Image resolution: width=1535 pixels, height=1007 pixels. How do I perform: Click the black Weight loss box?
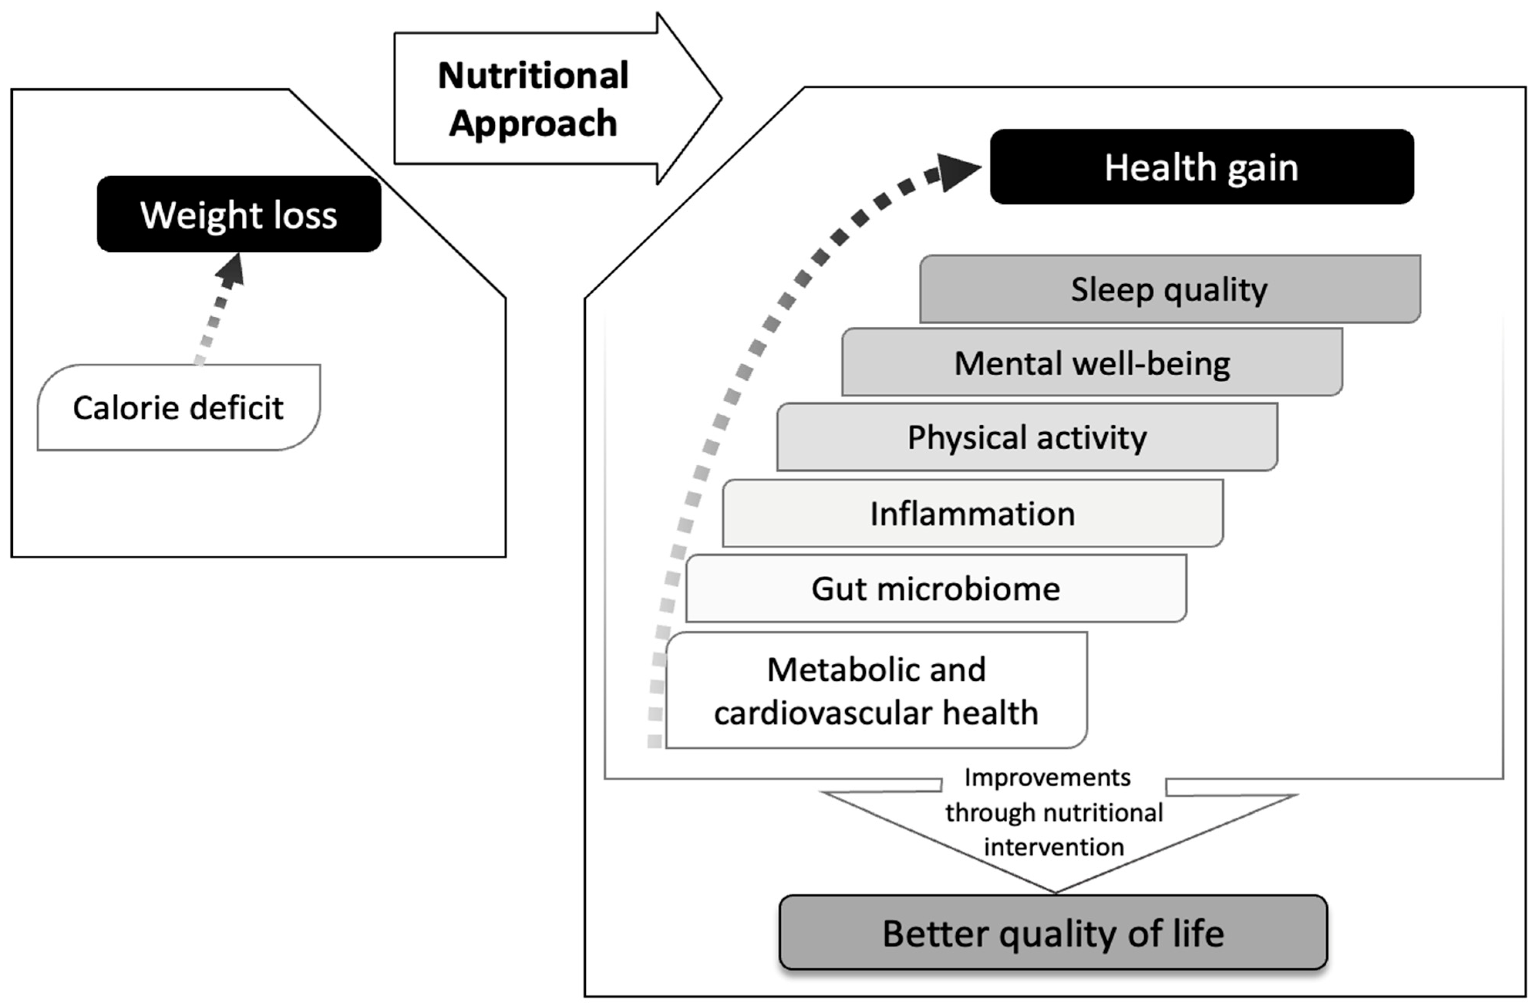(239, 214)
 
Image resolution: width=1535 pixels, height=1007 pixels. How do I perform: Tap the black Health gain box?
(1201, 167)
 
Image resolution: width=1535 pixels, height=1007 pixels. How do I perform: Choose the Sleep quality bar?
(1169, 289)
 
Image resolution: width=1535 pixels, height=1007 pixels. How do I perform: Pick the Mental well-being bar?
(1092, 363)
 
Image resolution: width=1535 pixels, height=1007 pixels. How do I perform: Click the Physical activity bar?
(1027, 437)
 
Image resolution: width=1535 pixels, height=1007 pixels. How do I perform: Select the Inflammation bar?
(972, 513)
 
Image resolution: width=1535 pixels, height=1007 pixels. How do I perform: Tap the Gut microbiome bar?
(935, 588)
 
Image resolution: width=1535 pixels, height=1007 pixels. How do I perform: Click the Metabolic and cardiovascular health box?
(876, 690)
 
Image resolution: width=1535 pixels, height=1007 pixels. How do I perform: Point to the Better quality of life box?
(1053, 933)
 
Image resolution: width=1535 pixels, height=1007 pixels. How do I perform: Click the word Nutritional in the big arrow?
(533, 76)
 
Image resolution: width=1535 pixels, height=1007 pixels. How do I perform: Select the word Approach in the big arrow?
(533, 123)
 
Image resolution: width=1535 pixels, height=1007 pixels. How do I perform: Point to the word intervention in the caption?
(1053, 847)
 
